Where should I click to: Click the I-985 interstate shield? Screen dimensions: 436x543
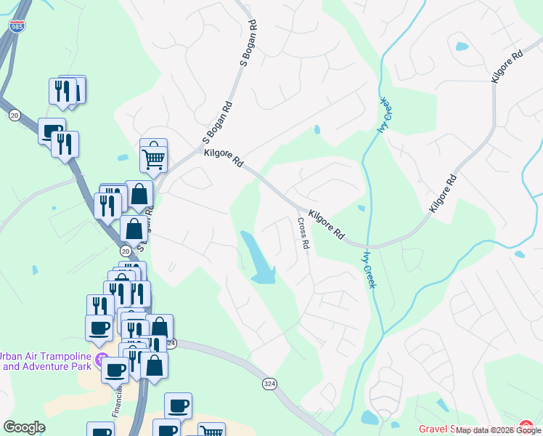pyautogui.click(x=16, y=26)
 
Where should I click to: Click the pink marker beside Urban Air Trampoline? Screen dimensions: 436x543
pyautogui.click(x=102, y=359)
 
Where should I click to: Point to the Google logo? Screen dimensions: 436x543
pyautogui.click(x=24, y=427)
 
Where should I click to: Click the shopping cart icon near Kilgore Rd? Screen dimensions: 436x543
pyautogui.click(x=153, y=158)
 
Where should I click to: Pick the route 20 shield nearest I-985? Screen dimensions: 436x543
pyautogui.click(x=15, y=115)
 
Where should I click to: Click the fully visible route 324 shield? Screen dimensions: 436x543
pyautogui.click(x=269, y=382)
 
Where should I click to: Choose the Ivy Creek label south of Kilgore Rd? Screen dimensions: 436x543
pyautogui.click(x=368, y=269)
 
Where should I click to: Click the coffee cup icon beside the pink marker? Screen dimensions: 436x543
pyautogui.click(x=115, y=369)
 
